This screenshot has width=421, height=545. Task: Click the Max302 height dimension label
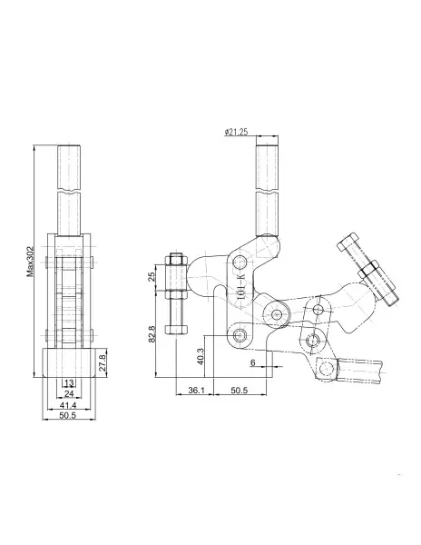click(x=31, y=262)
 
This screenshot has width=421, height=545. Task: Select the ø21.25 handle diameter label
click(x=236, y=132)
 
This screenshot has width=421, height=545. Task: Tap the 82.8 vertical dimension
click(x=152, y=334)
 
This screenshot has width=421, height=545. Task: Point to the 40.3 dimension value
click(x=201, y=356)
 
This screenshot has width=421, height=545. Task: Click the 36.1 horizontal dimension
click(x=197, y=391)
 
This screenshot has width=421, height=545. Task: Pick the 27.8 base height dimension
click(x=103, y=362)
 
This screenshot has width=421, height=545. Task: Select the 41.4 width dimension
click(x=68, y=405)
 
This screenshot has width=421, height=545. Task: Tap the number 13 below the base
click(x=70, y=383)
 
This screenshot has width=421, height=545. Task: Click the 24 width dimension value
click(x=69, y=394)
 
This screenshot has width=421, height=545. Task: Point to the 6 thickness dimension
click(x=252, y=362)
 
